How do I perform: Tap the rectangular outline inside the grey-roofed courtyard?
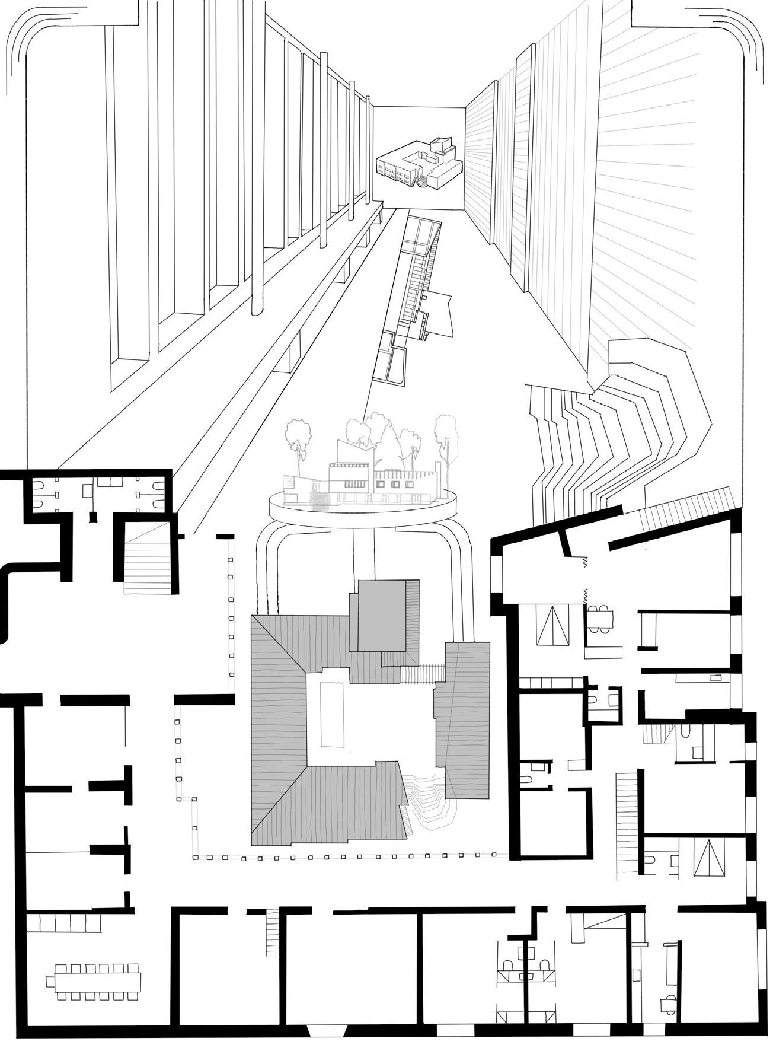point(332,714)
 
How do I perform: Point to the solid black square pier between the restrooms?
point(93,517)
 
